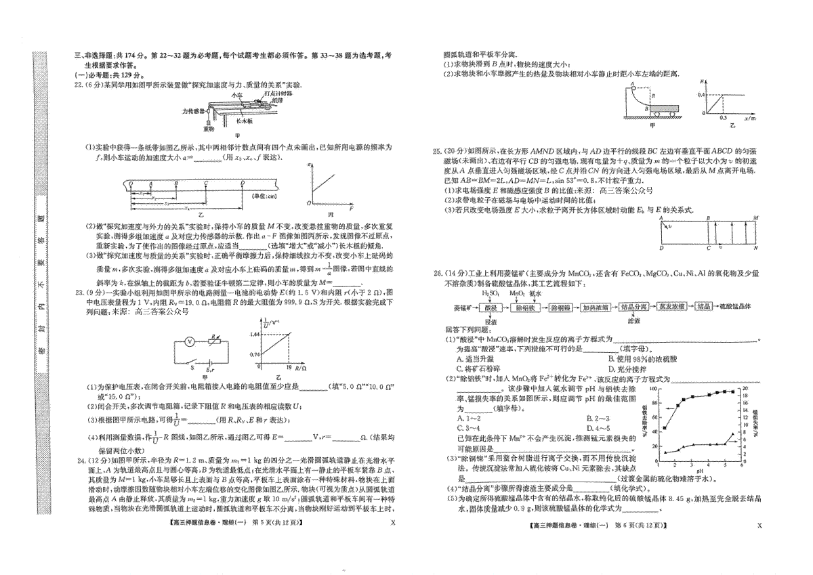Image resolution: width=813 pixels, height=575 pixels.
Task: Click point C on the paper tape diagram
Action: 206,184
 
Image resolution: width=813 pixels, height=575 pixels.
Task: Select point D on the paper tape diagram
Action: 243,184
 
